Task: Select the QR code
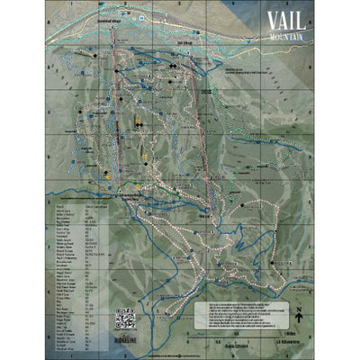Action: tap(124, 319)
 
